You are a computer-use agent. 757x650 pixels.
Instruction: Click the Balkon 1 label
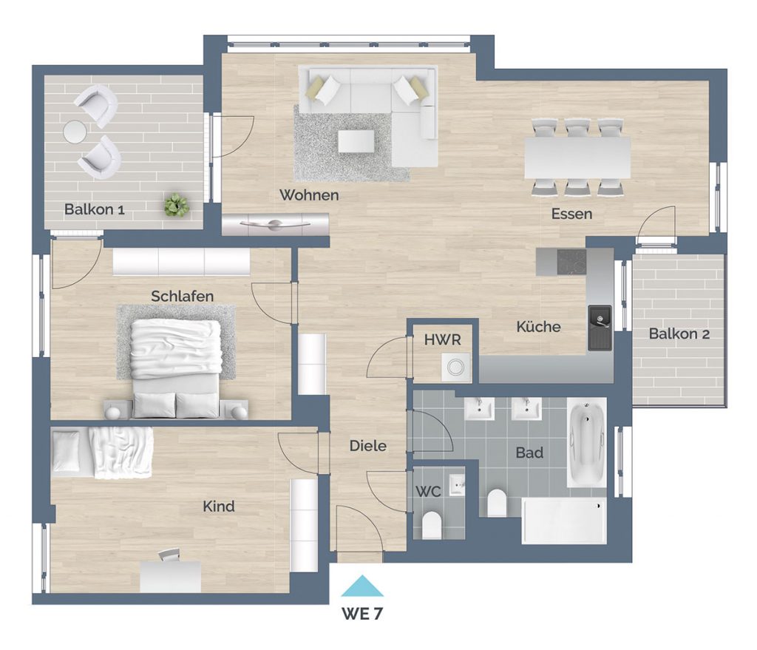pos(95,209)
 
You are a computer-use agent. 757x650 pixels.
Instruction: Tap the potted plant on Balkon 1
pos(176,206)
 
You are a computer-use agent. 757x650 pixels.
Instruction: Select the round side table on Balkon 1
pos(75,132)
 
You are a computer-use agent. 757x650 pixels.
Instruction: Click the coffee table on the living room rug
pos(356,141)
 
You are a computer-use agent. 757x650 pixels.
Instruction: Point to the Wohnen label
pos(309,195)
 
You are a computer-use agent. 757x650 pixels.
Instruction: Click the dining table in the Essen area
pos(577,158)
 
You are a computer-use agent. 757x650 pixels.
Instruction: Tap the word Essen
pos(571,214)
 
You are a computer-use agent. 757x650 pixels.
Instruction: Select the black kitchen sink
pos(600,328)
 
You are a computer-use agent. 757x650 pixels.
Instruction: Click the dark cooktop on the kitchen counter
pos(571,262)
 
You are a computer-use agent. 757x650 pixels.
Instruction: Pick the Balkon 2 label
pos(679,334)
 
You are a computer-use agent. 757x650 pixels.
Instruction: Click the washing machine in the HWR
pos(455,368)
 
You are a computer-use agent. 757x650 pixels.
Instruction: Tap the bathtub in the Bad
pos(586,442)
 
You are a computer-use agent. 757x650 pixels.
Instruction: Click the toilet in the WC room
pos(432,526)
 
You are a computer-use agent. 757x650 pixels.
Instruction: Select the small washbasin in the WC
pos(457,484)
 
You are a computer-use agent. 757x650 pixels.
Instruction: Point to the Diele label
pos(368,446)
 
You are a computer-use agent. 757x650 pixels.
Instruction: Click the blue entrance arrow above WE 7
pos(362,586)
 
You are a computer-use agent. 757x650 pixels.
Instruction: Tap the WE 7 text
pos(362,614)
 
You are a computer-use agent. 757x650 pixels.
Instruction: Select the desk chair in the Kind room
pos(169,555)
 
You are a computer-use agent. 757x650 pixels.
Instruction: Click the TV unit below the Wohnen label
pos(275,224)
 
